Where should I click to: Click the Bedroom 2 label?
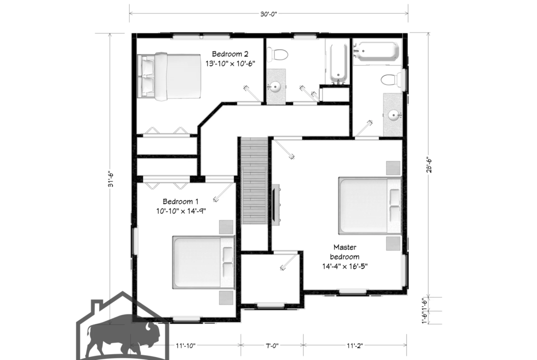click(230, 54)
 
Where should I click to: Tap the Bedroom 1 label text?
click(180, 201)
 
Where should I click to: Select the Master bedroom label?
click(345, 251)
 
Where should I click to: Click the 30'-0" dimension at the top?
click(268, 14)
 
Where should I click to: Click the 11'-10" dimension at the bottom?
click(185, 346)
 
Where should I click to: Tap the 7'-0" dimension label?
click(272, 346)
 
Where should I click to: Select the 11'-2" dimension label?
click(354, 346)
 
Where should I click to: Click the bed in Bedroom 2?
click(169, 76)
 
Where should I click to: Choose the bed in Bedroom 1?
click(203, 262)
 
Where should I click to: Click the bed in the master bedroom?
click(370, 205)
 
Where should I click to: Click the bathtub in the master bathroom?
click(377, 51)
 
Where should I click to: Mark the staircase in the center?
click(254, 180)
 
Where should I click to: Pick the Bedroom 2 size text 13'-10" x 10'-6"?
click(230, 64)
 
